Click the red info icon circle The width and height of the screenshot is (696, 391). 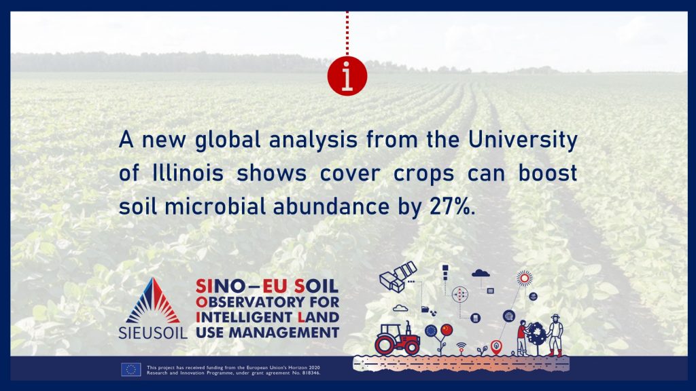pos(347,76)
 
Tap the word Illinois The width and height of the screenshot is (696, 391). pos(188,173)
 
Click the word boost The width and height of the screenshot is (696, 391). pos(548,173)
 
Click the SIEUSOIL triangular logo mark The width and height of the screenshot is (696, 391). pos(153,301)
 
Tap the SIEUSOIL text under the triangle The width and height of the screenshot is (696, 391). pos(153,333)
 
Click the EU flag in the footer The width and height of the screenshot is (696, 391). pos(131,369)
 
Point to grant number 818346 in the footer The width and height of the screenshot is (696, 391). pos(309,373)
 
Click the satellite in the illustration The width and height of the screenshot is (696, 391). pos(398,277)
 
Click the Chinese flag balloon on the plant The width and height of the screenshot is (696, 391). pos(447,330)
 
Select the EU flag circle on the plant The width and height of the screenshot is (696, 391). pos(431,331)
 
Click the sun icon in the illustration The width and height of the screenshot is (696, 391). pos(524,278)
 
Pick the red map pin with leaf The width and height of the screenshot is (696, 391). pos(496,347)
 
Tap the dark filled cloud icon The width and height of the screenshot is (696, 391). pos(481,274)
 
